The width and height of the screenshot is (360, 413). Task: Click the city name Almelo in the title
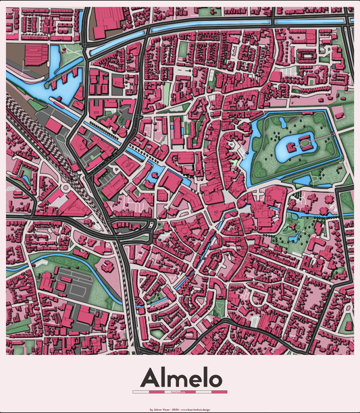(180, 377)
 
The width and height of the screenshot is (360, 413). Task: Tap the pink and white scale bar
(180, 391)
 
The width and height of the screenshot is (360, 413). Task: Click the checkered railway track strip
(27, 118)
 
